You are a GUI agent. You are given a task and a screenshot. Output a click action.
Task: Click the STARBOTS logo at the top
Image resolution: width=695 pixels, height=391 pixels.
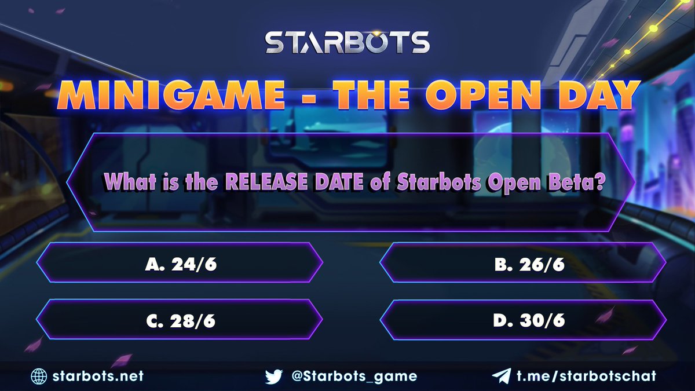coord(348,43)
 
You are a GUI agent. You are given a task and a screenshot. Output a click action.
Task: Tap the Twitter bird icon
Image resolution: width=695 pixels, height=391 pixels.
coord(273,376)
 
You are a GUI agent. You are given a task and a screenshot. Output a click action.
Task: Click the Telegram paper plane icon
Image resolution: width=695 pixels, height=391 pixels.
coord(500,376)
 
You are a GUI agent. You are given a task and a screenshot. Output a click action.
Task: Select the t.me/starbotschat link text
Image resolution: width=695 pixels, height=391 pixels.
coord(587,376)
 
